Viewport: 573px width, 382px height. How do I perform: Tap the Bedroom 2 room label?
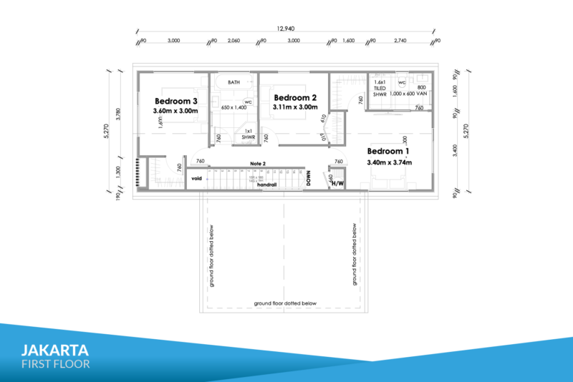click(x=294, y=97)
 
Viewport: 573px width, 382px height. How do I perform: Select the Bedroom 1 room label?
click(x=388, y=151)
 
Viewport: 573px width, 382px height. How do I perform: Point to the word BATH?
click(x=234, y=83)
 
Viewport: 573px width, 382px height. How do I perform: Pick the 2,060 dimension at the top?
click(x=233, y=41)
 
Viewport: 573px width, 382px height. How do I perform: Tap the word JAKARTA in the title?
click(x=55, y=351)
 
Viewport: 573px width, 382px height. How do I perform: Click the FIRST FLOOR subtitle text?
click(x=55, y=364)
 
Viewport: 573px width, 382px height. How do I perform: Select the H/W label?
click(x=338, y=183)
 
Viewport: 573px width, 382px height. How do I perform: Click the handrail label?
click(x=266, y=185)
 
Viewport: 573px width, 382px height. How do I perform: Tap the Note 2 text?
click(x=258, y=164)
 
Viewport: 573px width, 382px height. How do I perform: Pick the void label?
click(x=196, y=178)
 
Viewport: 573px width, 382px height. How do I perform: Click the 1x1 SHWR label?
click(x=249, y=135)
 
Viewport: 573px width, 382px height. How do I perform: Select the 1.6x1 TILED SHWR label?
click(x=380, y=88)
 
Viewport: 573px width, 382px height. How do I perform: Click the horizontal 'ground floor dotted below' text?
click(x=285, y=303)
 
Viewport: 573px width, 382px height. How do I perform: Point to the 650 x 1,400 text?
click(x=233, y=107)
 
